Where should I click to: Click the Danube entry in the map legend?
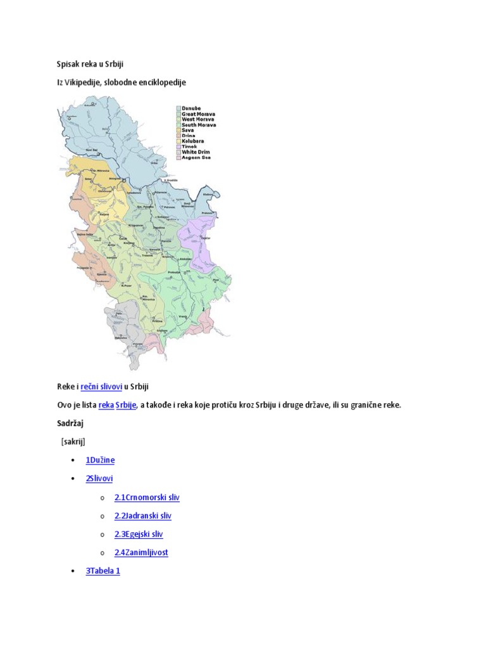click(192, 108)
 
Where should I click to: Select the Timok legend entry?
click(190, 146)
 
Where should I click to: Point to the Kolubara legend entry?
click(194, 141)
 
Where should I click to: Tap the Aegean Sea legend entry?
click(196, 157)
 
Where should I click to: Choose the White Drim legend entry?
click(196, 152)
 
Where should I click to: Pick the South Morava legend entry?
click(199, 125)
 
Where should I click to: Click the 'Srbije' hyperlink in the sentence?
click(126, 404)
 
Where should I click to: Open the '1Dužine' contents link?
click(100, 460)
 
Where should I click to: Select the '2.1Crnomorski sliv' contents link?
click(147, 498)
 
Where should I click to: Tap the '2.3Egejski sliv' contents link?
click(139, 534)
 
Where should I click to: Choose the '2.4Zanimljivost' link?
click(141, 553)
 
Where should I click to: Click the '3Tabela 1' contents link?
click(103, 571)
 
